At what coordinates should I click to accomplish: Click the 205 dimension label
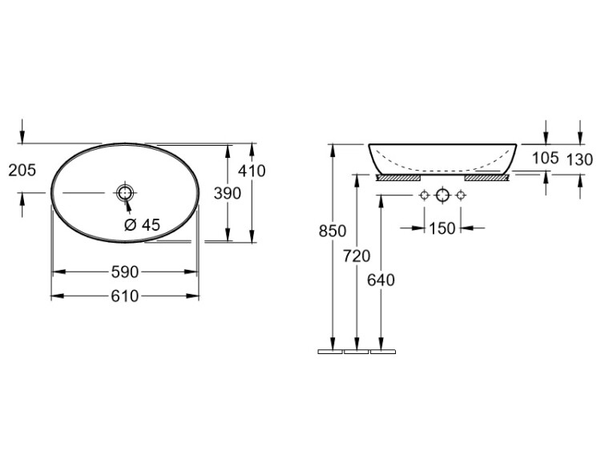coord(22,170)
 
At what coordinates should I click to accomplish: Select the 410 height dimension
coord(252,171)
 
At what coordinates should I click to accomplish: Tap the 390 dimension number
coord(228,194)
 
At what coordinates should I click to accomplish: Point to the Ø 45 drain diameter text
coord(142,225)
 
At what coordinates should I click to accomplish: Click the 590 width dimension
coord(124,272)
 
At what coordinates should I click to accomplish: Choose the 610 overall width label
coord(124,296)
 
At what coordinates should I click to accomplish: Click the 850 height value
coord(333,231)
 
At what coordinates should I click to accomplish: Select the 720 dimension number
coord(357,256)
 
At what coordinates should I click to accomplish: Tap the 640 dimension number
coord(381,280)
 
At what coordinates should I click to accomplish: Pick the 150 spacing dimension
coord(442,228)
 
